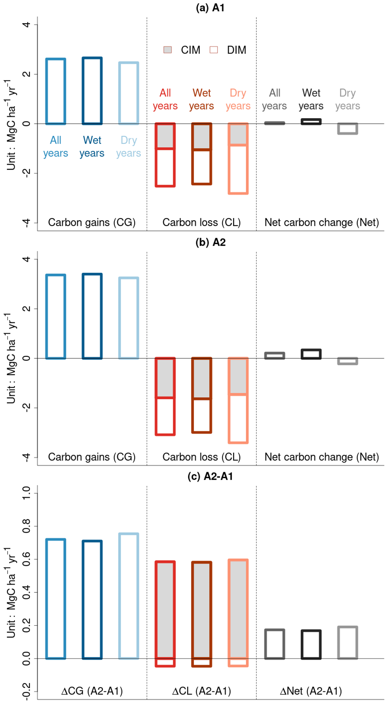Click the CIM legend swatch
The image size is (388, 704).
tap(168, 50)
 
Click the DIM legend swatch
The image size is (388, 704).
tap(214, 50)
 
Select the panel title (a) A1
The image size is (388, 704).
tap(210, 8)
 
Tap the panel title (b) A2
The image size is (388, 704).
tap(210, 242)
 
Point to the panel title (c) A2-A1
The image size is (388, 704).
tap(210, 477)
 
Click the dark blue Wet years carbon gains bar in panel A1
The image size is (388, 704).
tap(92, 91)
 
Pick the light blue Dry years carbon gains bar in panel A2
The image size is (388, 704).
tap(129, 318)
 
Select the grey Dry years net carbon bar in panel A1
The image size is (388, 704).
tap(348, 129)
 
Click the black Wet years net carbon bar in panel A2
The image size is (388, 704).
tap(311, 354)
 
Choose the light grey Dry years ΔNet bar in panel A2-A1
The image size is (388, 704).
tap(348, 643)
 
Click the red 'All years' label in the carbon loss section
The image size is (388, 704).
tap(165, 99)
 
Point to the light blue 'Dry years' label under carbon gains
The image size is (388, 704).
tap(129, 146)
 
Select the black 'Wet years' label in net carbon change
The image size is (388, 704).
tap(311, 99)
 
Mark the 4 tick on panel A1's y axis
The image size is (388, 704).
tap(27, 25)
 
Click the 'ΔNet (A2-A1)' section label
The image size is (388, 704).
tap(311, 691)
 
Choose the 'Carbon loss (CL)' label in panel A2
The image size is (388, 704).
tap(201, 457)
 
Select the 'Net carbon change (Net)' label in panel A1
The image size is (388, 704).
tap(322, 223)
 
